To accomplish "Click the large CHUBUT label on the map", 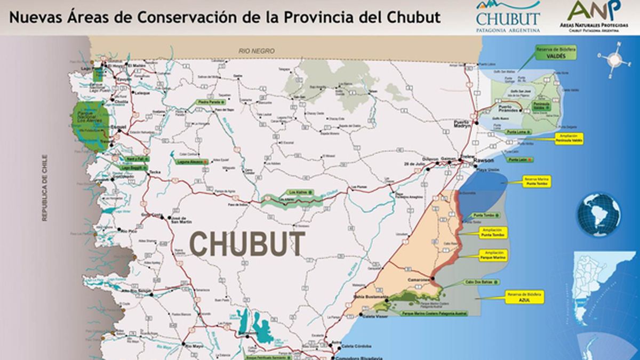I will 248,244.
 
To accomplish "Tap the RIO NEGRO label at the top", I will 257,51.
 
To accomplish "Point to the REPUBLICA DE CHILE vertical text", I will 46,187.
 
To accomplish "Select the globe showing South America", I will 598,214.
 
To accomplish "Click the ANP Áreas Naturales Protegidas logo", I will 596,16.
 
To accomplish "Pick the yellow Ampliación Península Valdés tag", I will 569,138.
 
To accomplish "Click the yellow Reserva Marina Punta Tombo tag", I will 537,181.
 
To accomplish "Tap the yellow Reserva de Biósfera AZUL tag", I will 525,297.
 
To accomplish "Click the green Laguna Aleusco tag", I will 190,161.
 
